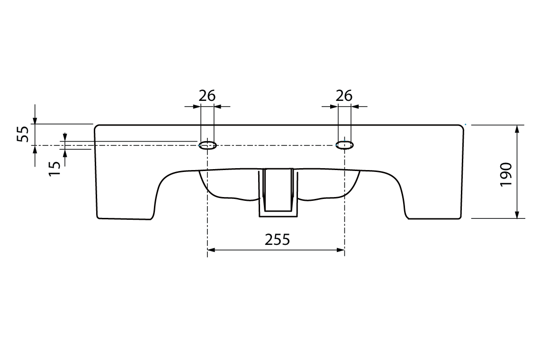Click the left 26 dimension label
point(207,96)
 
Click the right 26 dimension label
point(344,96)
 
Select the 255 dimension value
point(277,240)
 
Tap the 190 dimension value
point(506,174)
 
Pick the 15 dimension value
point(54,168)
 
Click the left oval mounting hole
point(207,145)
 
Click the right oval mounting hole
point(344,144)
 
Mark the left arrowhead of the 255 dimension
point(211,250)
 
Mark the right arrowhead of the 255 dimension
point(341,250)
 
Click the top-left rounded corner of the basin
point(96,126)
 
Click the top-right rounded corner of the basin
point(461,126)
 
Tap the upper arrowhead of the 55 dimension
point(35,120)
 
